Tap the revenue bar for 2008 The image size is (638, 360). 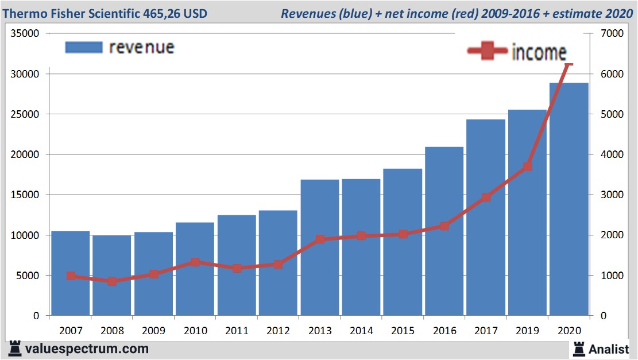tap(112, 276)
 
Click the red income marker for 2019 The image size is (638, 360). tap(527, 167)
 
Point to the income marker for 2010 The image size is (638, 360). tap(195, 262)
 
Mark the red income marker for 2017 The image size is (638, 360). tap(486, 198)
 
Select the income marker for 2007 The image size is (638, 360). tap(71, 276)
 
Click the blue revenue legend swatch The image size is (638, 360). tap(84, 47)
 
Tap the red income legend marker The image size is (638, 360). tap(488, 52)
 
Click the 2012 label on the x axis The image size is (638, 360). tap(278, 331)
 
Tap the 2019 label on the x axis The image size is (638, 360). tap(527, 331)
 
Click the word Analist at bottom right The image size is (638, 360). tap(609, 349)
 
